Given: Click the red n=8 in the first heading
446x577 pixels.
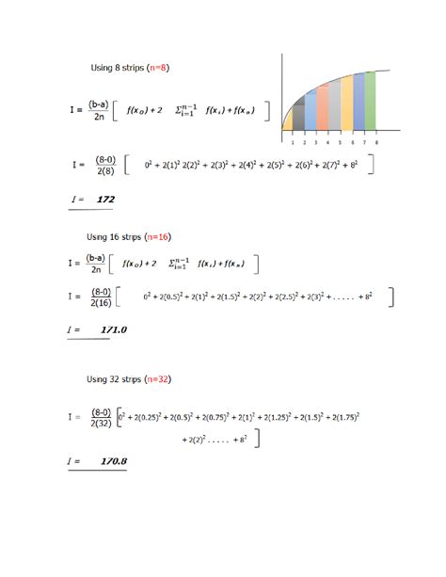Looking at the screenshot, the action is tap(159, 67).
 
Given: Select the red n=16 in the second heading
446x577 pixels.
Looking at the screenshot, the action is tap(161, 236).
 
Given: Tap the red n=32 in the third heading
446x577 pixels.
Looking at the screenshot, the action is tap(161, 379).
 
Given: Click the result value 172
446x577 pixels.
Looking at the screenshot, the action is tap(105, 200).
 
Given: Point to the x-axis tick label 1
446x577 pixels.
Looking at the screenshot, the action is tap(293, 143).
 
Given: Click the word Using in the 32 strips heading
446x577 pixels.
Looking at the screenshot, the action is tap(100, 379).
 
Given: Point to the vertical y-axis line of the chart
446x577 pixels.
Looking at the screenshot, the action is tap(282, 94).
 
